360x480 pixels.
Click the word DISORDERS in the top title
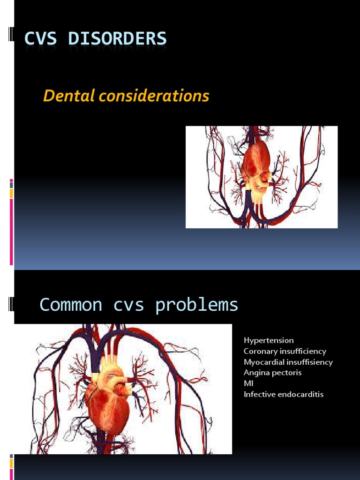pyautogui.click(x=117, y=38)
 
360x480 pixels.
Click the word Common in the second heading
pyautogui.click(x=71, y=305)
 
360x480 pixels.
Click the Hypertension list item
pyautogui.click(x=269, y=340)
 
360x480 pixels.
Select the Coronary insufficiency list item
pyautogui.click(x=285, y=351)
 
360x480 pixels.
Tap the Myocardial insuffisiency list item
pyautogui.click(x=288, y=362)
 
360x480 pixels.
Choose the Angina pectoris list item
pyautogui.click(x=272, y=373)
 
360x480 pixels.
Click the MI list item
pyautogui.click(x=248, y=383)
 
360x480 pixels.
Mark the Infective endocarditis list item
pyautogui.click(x=283, y=394)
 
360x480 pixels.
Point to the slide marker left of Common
pyautogui.click(x=11, y=305)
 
